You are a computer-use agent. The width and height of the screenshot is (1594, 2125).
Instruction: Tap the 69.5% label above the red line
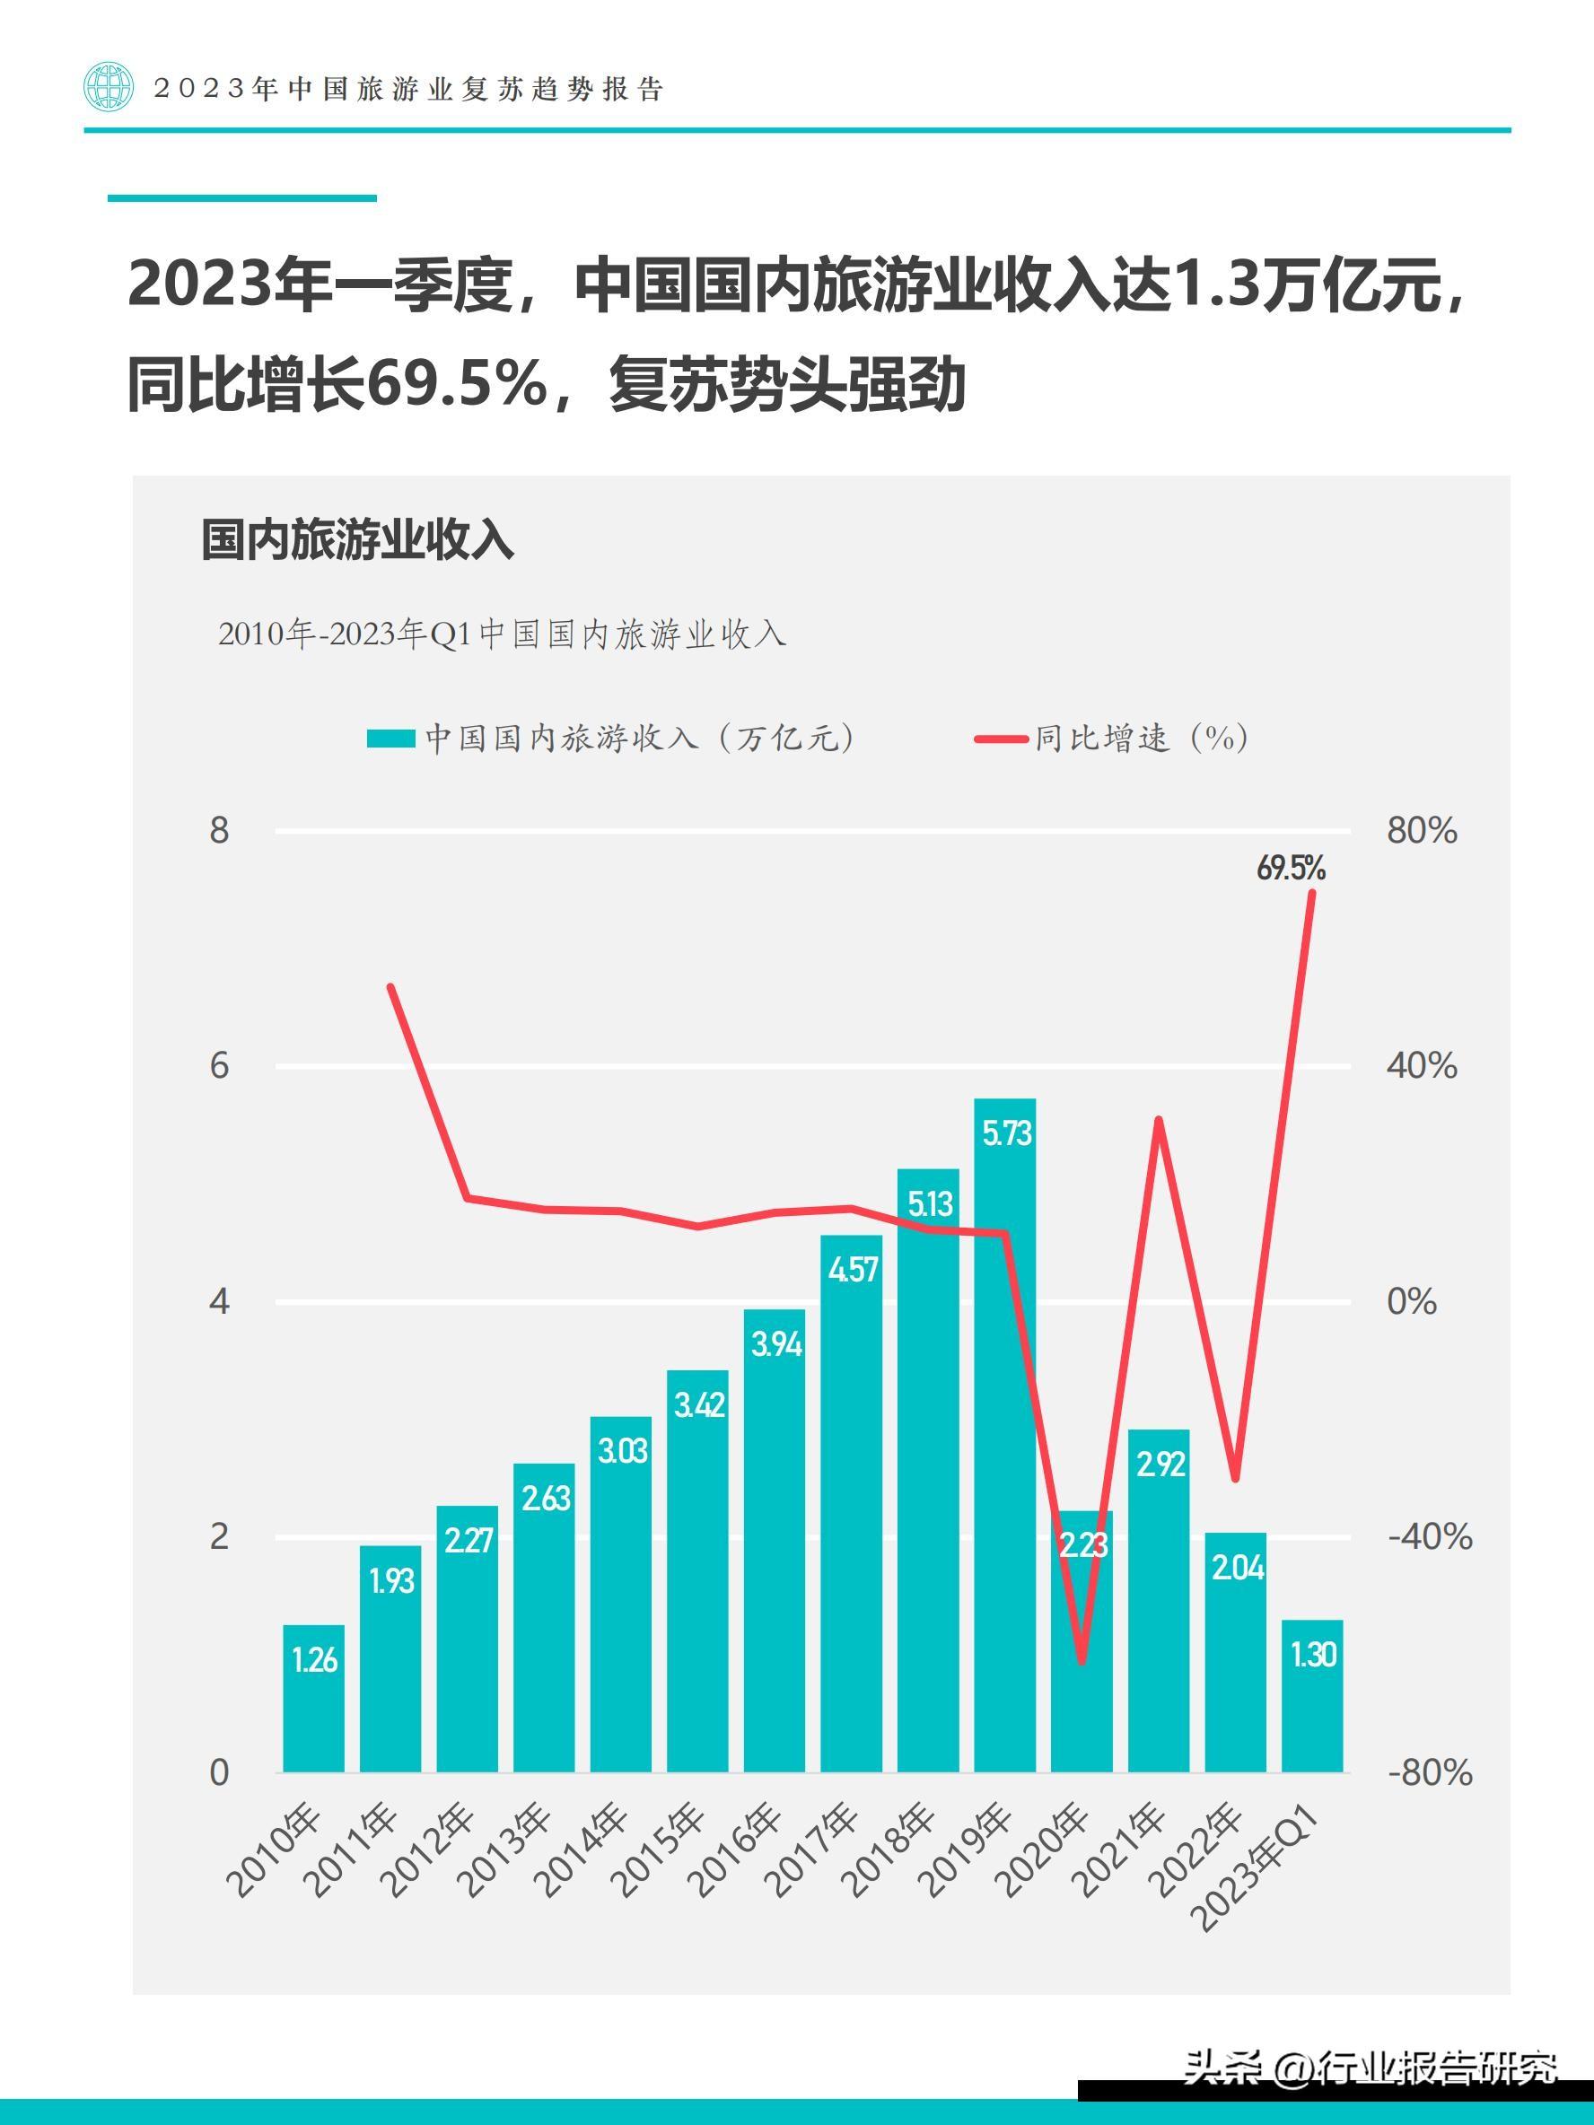tap(1291, 869)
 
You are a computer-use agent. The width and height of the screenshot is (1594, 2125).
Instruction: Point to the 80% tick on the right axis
tap(1421, 830)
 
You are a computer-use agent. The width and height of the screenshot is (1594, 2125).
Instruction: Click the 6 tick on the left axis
tap(220, 1065)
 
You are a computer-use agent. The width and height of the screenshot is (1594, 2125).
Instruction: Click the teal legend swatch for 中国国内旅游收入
tap(390, 738)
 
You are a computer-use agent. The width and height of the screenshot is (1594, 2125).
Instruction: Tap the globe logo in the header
tap(108, 87)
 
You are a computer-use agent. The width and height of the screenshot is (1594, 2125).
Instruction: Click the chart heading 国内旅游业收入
tap(357, 540)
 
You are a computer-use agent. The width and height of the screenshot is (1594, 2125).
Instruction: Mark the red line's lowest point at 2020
tap(1082, 1661)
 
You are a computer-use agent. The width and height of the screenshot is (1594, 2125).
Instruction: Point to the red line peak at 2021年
tap(1159, 1119)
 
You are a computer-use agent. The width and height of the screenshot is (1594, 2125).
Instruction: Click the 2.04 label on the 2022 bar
tap(1238, 1568)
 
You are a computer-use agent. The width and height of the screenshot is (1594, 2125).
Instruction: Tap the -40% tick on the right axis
tap(1429, 1537)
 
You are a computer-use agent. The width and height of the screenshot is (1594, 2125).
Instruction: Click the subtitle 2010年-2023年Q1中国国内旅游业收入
tap(502, 634)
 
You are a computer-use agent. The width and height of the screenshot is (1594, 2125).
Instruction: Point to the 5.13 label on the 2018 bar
tap(929, 1203)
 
